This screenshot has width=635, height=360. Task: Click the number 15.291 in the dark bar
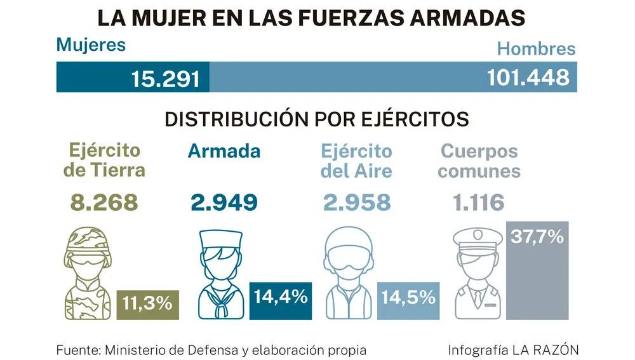tap(166, 78)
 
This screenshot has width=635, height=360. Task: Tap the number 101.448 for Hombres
tap(528, 77)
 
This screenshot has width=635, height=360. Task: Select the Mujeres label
tap(91, 45)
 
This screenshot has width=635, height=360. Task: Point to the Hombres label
tap(536, 49)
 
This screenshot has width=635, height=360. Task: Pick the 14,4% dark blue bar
tap(281, 300)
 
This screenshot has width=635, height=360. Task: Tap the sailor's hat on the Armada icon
tap(220, 239)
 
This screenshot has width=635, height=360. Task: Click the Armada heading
tap(224, 151)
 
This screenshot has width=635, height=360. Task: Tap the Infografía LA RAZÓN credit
tap(513, 350)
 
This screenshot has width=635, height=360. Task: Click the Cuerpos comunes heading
tap(479, 161)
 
